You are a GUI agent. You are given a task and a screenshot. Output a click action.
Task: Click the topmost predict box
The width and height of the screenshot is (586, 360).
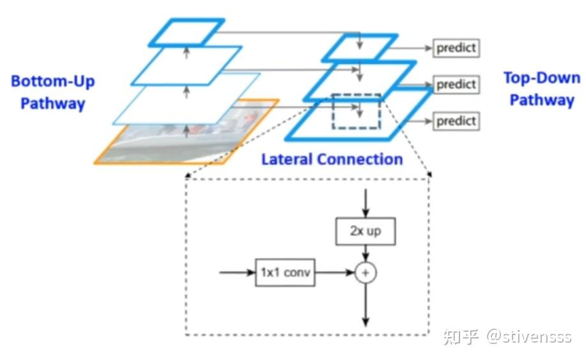(x=456, y=48)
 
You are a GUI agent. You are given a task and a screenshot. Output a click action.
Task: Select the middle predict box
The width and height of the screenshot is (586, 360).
(x=456, y=84)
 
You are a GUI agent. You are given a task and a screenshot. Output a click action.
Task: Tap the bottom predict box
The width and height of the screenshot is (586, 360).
(x=456, y=121)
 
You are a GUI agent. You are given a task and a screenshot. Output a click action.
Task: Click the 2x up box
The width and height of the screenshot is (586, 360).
(x=366, y=231)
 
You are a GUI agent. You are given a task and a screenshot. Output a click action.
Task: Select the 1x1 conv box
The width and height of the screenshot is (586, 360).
(x=285, y=272)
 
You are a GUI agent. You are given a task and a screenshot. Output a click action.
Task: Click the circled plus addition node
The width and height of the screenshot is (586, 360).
(x=366, y=273)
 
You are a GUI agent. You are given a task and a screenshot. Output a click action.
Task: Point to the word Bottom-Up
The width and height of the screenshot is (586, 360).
(x=52, y=81)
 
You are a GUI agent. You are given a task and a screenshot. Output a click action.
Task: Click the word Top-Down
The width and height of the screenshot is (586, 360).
(x=542, y=78)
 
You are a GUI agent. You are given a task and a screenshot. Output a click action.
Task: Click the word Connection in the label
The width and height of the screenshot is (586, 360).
(x=360, y=159)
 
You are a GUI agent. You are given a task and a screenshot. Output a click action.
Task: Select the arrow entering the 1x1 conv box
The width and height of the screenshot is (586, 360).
(x=237, y=272)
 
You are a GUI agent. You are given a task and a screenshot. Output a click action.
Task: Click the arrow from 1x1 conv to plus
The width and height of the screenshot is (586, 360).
(x=335, y=272)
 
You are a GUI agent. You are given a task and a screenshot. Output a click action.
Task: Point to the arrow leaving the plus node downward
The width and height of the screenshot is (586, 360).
(x=366, y=305)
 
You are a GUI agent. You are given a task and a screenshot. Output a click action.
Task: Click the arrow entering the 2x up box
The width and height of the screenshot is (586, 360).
(x=366, y=203)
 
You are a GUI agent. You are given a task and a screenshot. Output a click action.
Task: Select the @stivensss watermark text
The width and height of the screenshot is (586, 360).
(x=529, y=336)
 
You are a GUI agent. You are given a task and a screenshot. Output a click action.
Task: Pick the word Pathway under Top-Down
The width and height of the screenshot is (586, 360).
(x=542, y=100)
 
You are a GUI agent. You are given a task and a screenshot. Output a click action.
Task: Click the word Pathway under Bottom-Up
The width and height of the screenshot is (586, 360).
(x=52, y=104)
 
